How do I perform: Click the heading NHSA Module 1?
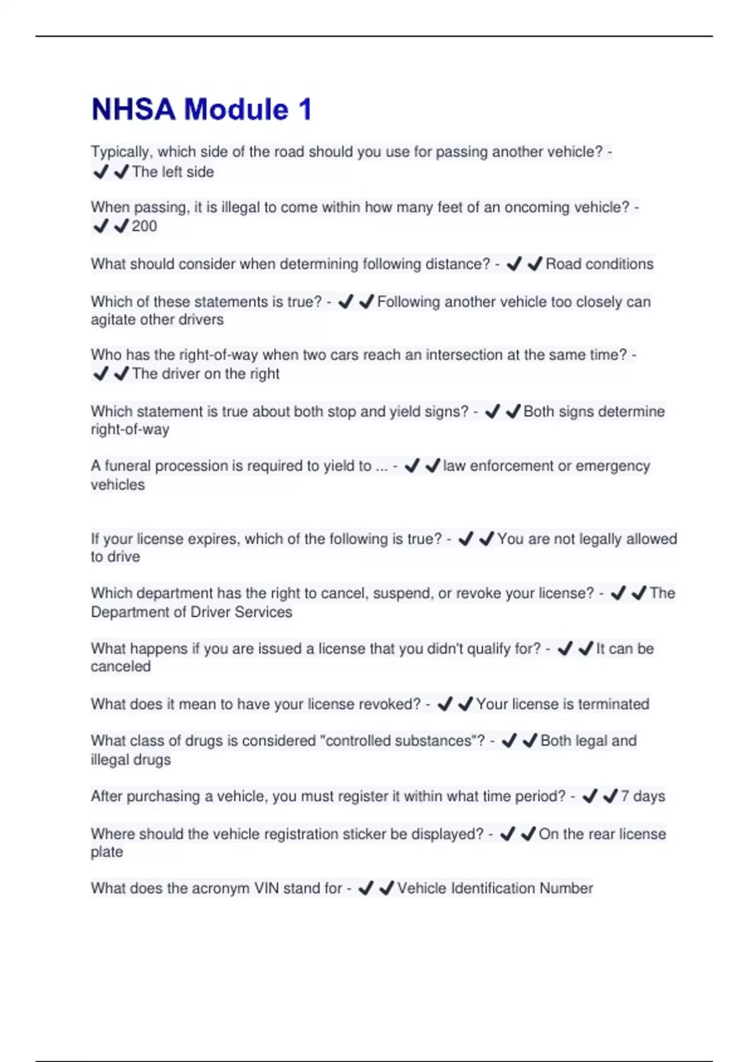[x=201, y=109]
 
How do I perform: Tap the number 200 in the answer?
[x=144, y=226]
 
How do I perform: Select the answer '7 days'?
[x=642, y=796]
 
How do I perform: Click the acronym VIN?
[x=267, y=888]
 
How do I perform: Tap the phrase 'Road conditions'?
[x=599, y=264]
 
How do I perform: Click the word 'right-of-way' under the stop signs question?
[x=130, y=429]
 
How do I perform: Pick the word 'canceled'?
[x=120, y=667]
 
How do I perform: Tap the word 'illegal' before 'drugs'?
[x=109, y=760]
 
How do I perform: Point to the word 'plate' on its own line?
[x=107, y=852]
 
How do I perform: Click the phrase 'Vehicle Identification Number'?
[x=495, y=888]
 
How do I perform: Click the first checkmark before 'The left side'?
[x=100, y=172]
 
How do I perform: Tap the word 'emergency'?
[x=613, y=466]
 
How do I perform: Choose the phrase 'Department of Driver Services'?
[x=191, y=612]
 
